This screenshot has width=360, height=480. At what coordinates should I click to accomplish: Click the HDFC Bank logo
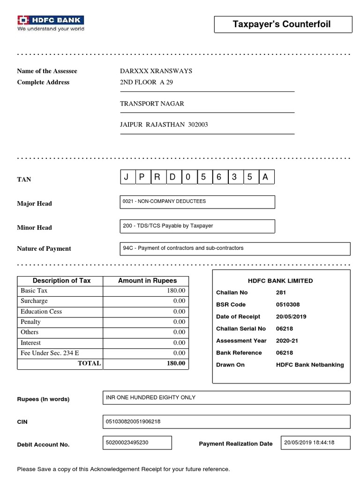[51, 23]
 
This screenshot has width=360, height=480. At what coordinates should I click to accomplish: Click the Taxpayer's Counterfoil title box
[282, 24]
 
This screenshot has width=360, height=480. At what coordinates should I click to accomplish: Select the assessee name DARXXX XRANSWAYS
[156, 71]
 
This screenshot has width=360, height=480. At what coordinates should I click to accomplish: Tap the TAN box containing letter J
[126, 177]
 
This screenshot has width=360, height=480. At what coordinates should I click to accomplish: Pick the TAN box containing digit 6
[218, 177]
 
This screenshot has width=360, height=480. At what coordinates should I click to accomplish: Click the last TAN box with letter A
[266, 177]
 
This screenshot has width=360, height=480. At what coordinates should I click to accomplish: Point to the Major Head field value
[197, 202]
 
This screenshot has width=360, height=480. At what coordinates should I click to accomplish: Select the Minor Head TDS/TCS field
[197, 226]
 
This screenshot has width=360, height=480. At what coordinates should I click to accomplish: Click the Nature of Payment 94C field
[235, 248]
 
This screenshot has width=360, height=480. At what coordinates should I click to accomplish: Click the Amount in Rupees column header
[147, 281]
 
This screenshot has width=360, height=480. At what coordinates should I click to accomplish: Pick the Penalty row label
[31, 322]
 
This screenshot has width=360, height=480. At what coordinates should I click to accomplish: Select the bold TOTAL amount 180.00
[176, 363]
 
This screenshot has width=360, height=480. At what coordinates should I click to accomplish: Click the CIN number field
[226, 422]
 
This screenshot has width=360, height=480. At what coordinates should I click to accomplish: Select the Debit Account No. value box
[137, 443]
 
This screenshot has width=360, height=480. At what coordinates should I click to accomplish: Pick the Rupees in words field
[226, 398]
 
